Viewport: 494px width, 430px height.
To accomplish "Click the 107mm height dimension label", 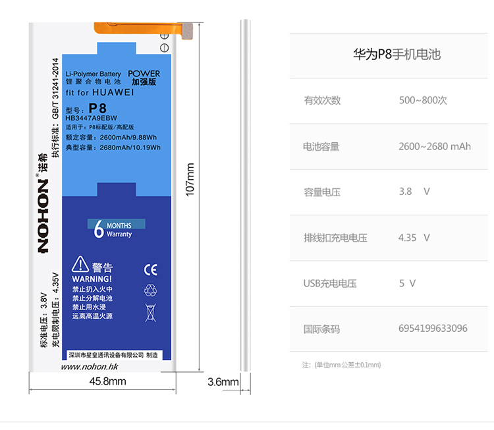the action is tap(190, 178).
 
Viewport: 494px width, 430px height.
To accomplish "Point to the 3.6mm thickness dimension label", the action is tap(223, 382).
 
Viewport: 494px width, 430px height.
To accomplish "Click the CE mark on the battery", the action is tap(150, 269).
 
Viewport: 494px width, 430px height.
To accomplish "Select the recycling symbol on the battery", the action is tap(150, 290).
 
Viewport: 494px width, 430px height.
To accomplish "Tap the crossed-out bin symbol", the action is tap(150, 311).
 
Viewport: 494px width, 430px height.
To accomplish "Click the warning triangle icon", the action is tap(80, 264).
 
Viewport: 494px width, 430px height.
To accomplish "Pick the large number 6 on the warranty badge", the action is tap(99, 229).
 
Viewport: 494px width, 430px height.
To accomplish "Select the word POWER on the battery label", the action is tap(144, 74).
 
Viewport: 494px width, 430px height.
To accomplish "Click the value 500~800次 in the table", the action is tap(423, 101).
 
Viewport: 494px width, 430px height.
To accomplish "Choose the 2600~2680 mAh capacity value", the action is tap(434, 146).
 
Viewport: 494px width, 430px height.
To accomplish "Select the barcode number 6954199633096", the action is tap(433, 328).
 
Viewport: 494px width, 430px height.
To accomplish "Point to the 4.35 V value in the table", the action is tap(414, 238).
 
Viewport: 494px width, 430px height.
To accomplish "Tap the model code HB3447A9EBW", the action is tap(97, 117).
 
